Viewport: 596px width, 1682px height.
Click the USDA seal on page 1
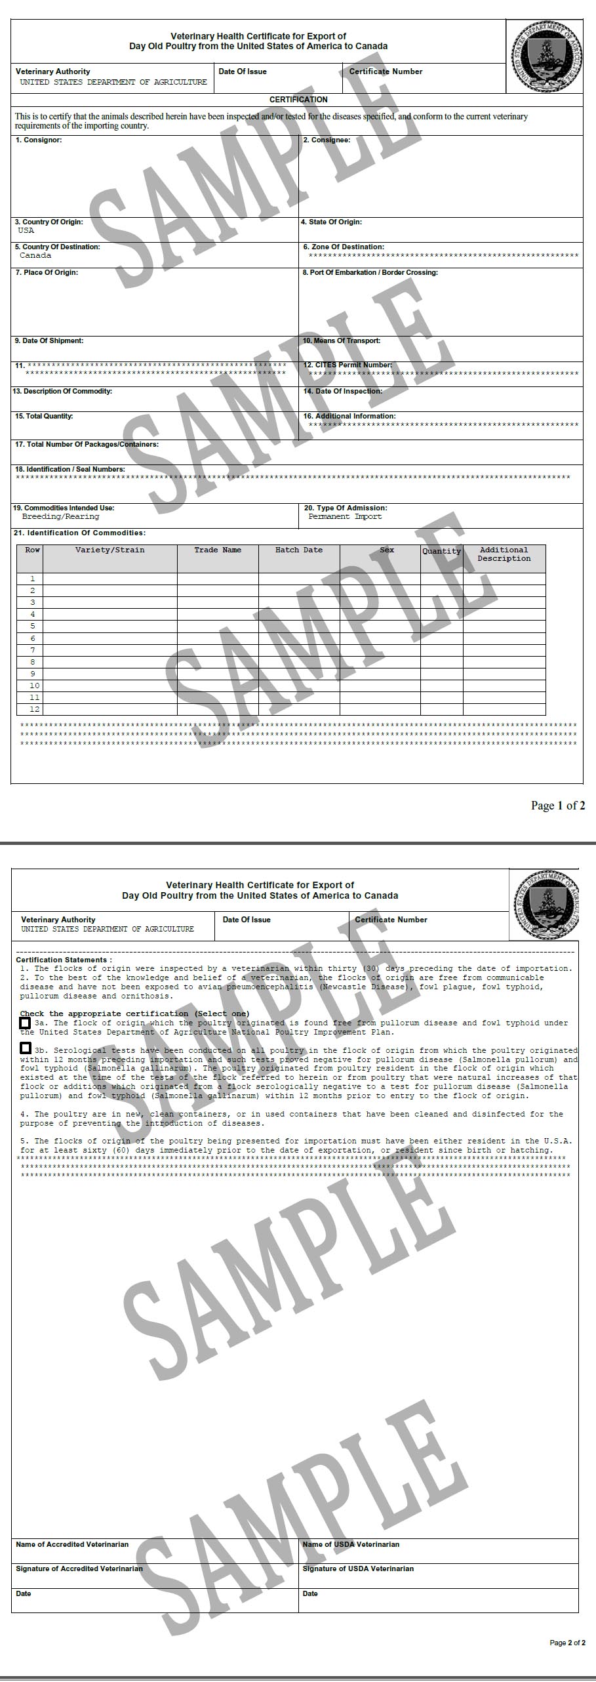coord(546,56)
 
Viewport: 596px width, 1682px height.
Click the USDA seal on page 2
coord(546,903)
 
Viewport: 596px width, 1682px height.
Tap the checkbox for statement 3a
coord(25,1023)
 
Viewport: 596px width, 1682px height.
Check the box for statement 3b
coord(25,1048)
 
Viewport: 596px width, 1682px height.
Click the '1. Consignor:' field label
coord(39,140)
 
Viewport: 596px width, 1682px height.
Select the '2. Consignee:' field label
coord(327,140)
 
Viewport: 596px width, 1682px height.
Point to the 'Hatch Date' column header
coord(299,550)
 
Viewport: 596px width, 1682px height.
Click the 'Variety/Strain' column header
coord(109,550)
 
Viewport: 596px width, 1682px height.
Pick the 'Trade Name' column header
coord(218,550)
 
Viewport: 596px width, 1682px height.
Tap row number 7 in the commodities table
coord(32,650)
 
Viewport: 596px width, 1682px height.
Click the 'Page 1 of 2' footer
coord(557,806)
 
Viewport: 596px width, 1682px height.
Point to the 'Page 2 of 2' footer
coord(567,1643)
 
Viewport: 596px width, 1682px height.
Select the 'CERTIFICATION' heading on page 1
coord(298,100)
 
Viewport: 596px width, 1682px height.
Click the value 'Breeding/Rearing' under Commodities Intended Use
coord(60,517)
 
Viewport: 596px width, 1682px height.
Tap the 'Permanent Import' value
coord(345,517)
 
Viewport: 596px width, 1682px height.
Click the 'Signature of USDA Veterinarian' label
coord(358,1569)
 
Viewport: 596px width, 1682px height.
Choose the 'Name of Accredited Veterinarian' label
coord(72,1544)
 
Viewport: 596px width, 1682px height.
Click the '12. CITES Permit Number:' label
coord(348,365)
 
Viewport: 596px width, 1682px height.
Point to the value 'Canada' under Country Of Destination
coord(35,256)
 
